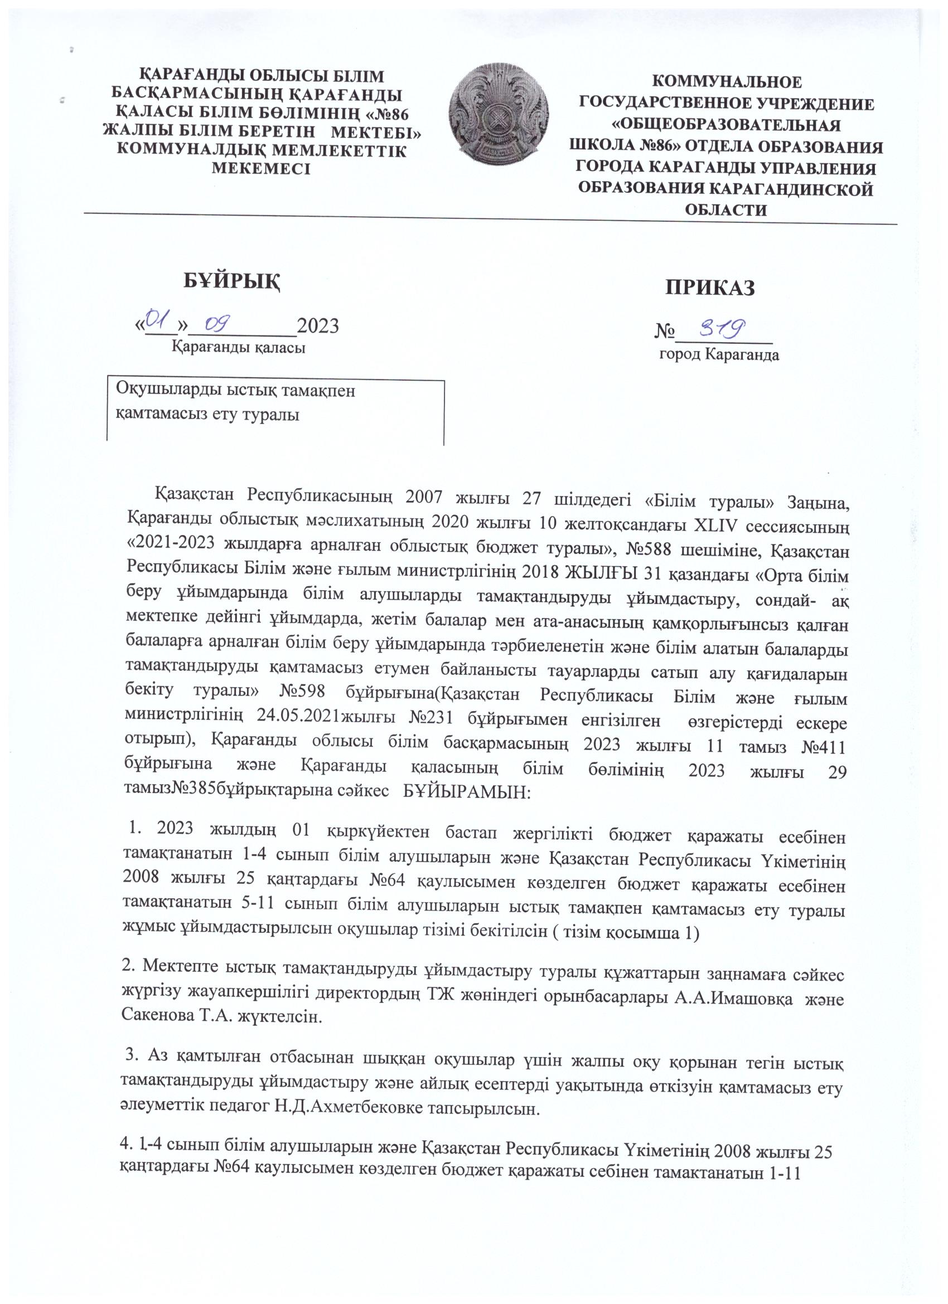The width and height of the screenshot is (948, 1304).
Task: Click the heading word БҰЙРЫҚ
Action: point(232,281)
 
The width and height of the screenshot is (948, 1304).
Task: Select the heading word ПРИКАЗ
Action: point(709,288)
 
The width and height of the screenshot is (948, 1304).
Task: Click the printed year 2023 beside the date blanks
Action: point(317,325)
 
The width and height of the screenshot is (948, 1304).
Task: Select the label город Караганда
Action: point(718,354)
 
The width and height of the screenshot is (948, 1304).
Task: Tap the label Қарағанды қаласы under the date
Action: point(239,348)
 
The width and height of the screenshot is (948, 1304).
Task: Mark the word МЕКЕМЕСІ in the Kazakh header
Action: point(261,169)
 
